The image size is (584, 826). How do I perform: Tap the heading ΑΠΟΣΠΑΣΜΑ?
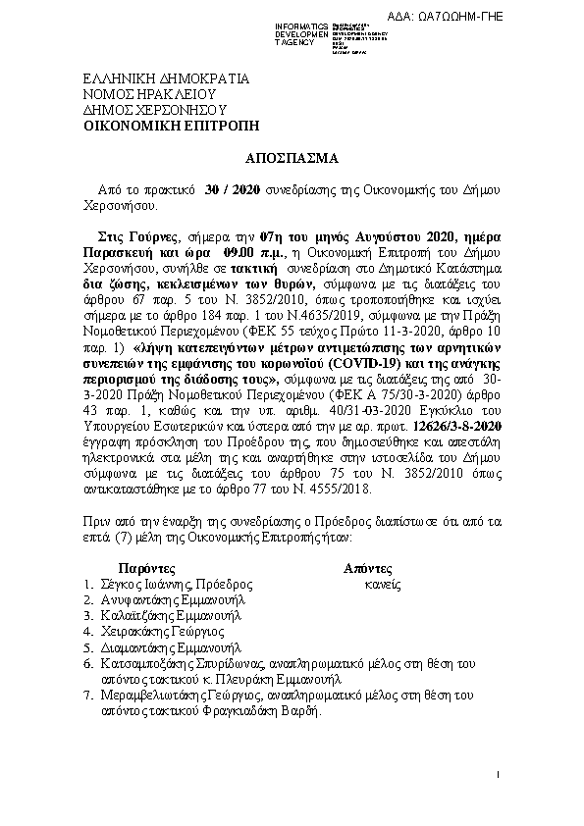tap(292, 157)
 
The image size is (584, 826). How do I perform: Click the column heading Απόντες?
tap(368, 567)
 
